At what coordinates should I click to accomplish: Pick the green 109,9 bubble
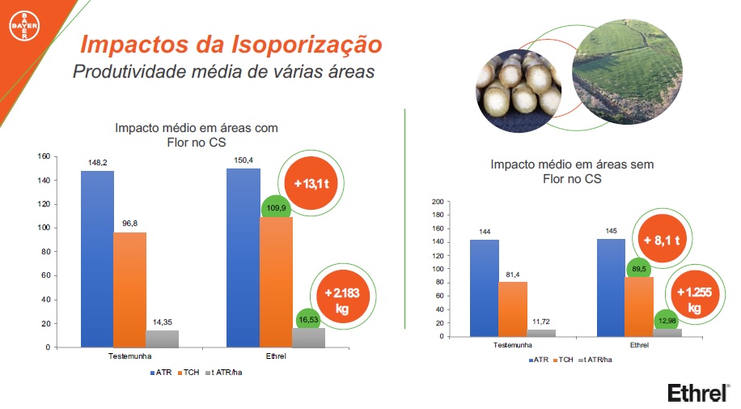pyautogui.click(x=276, y=209)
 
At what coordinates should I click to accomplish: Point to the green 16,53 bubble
pyautogui.click(x=307, y=321)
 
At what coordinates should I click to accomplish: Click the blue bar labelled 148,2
pyautogui.click(x=97, y=259)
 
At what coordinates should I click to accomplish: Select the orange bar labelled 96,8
pyautogui.click(x=129, y=289)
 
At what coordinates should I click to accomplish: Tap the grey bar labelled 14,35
pyautogui.click(x=162, y=339)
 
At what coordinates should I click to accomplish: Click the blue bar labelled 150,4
pyautogui.click(x=243, y=258)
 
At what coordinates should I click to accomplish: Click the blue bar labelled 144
pyautogui.click(x=485, y=288)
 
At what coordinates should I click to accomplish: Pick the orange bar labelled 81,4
pyautogui.click(x=513, y=309)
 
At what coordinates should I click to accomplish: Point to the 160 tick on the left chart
pyautogui.click(x=44, y=156)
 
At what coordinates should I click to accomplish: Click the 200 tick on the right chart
pyautogui.click(x=438, y=202)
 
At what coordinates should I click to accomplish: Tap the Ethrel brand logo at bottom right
pyautogui.click(x=697, y=392)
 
